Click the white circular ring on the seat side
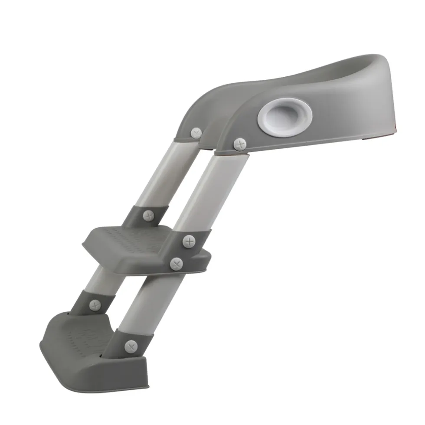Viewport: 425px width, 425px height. click(x=284, y=115)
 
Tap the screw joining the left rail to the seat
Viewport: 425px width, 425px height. click(x=196, y=133)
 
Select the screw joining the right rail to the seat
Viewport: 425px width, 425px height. click(x=239, y=144)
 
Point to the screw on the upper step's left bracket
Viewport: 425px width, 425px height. click(x=149, y=216)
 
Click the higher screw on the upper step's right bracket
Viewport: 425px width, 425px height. click(x=189, y=242)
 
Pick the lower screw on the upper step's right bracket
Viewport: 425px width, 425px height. click(x=176, y=264)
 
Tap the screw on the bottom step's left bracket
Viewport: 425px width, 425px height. click(x=95, y=305)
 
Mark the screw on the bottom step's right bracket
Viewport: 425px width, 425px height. click(x=131, y=346)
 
